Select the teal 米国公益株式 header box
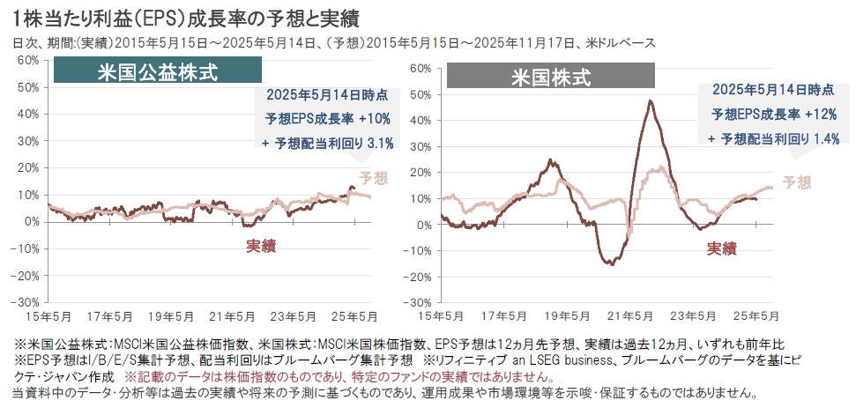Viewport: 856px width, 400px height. point(157,71)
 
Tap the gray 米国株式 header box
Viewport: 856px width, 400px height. point(550,77)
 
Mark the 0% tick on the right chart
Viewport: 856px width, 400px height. point(421,225)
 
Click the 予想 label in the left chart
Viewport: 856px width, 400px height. point(374,178)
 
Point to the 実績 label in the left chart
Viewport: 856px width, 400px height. point(260,244)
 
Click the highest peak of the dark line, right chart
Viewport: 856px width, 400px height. point(651,100)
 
